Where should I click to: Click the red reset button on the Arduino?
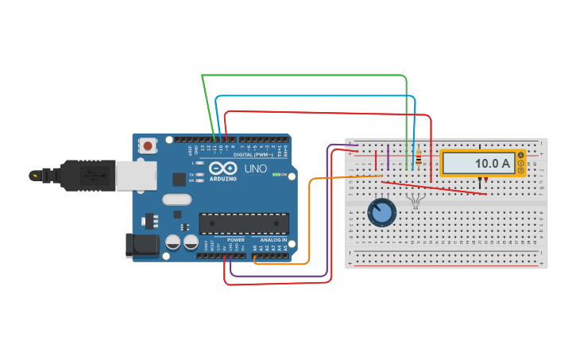[148, 145]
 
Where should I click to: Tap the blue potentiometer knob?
[382, 212]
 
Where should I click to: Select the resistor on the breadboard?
[418, 161]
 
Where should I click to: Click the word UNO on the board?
[254, 169]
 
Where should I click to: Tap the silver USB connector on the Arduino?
[135, 176]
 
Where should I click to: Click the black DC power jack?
[141, 245]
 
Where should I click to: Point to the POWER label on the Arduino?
[236, 239]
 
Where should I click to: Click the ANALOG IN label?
[272, 239]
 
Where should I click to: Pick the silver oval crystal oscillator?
[176, 199]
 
